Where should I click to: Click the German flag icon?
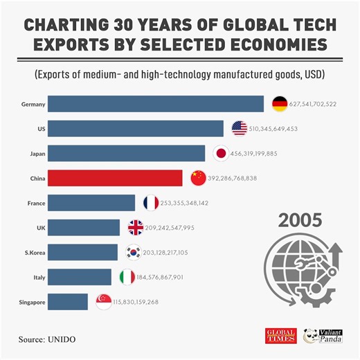tap(280, 104)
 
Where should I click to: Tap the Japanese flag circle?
tap(220, 153)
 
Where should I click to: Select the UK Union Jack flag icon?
tap(136, 228)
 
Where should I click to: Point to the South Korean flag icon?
tap(134, 253)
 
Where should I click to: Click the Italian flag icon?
tap(127, 277)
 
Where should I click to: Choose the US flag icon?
tap(240, 128)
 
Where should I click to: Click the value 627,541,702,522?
tap(314, 105)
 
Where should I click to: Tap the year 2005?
tap(299, 221)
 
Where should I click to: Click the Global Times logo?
tap(281, 336)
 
